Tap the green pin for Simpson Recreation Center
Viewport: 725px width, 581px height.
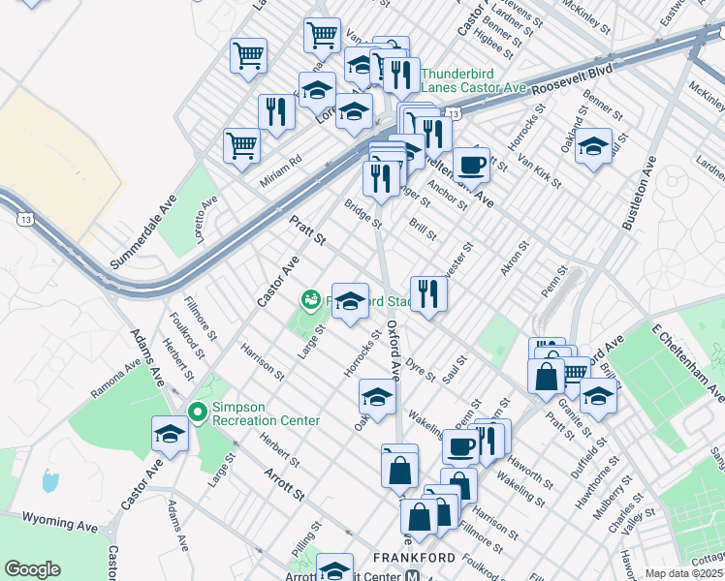coord(198,413)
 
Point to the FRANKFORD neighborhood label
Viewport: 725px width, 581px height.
coord(414,558)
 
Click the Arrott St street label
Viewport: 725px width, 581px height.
coord(285,483)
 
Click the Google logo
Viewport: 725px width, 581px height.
coord(33,569)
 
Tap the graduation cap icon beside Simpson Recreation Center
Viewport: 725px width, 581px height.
coord(170,434)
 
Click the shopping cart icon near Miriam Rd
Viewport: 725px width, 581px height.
coord(241,146)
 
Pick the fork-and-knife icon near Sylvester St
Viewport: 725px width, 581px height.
coord(427,292)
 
